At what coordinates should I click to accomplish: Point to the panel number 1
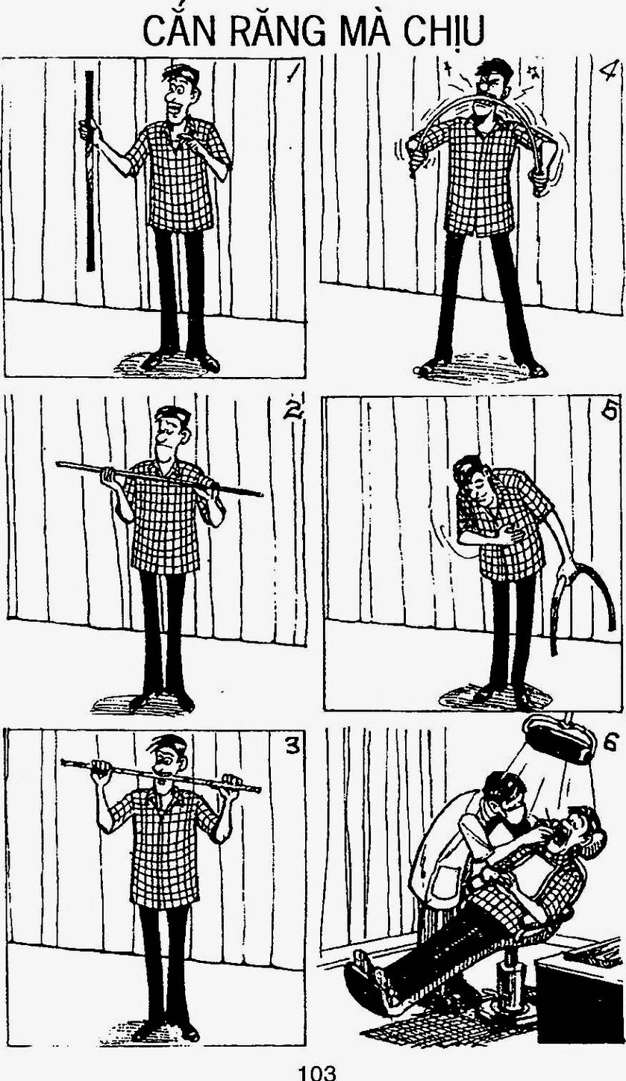point(291,72)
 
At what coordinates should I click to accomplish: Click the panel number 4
point(607,72)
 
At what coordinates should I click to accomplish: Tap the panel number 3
point(292,746)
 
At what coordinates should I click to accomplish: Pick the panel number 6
point(609,744)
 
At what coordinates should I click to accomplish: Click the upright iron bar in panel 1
point(90,171)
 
